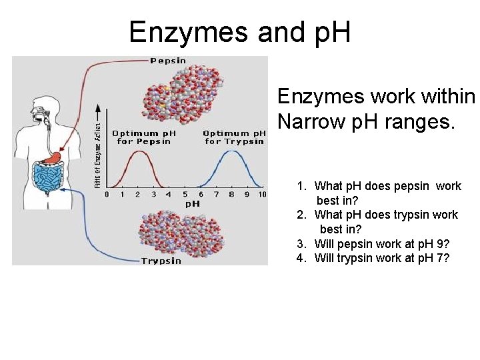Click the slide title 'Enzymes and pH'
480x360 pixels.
pos(239,31)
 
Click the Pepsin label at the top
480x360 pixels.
pos(168,61)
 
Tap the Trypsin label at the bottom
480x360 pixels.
pos(161,261)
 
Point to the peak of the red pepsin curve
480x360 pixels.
pos(138,152)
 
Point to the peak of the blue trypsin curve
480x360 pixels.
pos(231,152)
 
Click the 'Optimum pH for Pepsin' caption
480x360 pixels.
pos(143,137)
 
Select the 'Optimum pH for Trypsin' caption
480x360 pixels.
pos(235,137)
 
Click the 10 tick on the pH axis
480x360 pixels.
pos(262,194)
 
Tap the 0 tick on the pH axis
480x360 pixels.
pos(107,194)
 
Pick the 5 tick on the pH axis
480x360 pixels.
pos(184,194)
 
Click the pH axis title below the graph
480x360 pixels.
pos(192,203)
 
